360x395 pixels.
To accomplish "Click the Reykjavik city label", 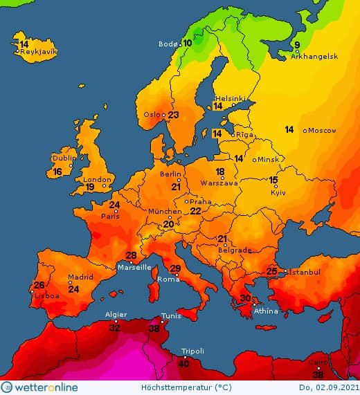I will pyautogui.click(x=39, y=52).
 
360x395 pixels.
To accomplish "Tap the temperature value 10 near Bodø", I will pyautogui.click(x=188, y=43).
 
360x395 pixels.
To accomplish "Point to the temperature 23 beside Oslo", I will pyautogui.click(x=174, y=115).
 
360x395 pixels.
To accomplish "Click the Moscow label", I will pyautogui.click(x=322, y=130).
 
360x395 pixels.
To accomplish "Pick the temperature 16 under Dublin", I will pyautogui.click(x=57, y=172).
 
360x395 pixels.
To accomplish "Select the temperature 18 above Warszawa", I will pyautogui.click(x=220, y=172).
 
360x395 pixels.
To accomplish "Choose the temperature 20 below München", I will pyautogui.click(x=168, y=224).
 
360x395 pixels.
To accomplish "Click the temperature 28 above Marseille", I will pyautogui.click(x=130, y=256).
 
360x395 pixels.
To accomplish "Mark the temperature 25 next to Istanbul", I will pyautogui.click(x=272, y=272).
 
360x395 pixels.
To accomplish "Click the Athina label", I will pyautogui.click(x=267, y=311).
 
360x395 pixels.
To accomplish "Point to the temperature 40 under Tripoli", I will pyautogui.click(x=183, y=363).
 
